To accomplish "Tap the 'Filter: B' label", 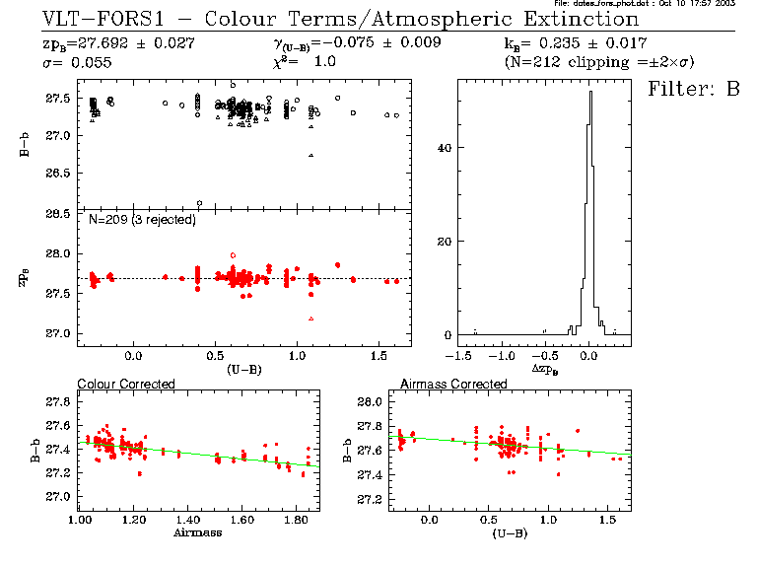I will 693,89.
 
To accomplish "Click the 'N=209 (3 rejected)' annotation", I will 142,219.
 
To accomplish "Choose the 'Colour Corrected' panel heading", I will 126,384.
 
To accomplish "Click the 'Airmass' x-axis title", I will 197,532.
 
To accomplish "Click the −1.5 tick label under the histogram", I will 456,351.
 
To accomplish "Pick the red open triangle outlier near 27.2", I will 311,318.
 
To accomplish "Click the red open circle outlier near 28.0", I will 233,255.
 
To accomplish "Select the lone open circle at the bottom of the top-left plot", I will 200,204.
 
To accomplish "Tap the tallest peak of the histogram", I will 589,94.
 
